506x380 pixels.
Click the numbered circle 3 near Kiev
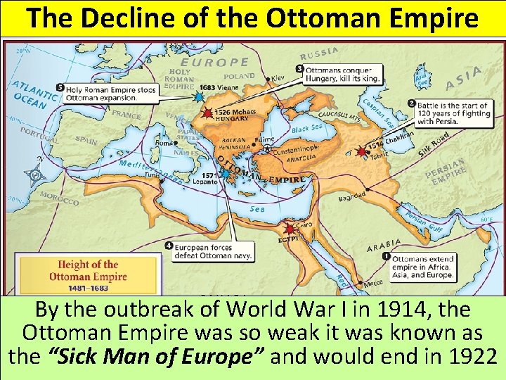pyautogui.click(x=299, y=69)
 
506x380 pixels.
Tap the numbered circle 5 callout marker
pyautogui.click(x=61, y=87)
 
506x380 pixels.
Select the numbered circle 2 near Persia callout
pyautogui.click(x=411, y=103)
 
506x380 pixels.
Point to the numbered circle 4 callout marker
pyautogui.click(x=169, y=246)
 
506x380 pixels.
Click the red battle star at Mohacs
pyautogui.click(x=207, y=113)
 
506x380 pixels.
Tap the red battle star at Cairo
pyautogui.click(x=288, y=228)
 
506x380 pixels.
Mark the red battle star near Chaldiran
pyautogui.click(x=362, y=150)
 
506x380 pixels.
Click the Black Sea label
pyautogui.click(x=307, y=129)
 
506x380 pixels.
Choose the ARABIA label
pyautogui.click(x=384, y=246)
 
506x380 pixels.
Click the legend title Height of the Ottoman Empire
pyautogui.click(x=88, y=270)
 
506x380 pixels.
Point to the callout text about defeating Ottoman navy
pyautogui.click(x=215, y=252)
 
